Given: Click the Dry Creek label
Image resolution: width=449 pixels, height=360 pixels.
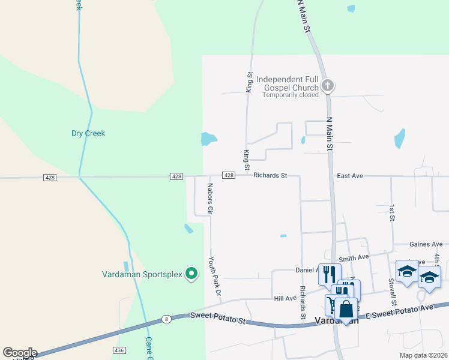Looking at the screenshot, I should coord(88,133).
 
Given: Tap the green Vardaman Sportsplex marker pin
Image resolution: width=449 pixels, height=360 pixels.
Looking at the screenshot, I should coord(191,274).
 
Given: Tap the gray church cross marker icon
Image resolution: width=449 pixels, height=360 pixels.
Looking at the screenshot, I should coord(327,85).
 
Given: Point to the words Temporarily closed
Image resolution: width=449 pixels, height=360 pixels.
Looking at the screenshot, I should coord(290,95).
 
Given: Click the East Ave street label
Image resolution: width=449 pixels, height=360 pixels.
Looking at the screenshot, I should coord(350,176).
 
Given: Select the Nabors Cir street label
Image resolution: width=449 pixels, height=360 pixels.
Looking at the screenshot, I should coord(211,199).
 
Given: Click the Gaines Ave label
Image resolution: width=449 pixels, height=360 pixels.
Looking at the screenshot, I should coord(426,244).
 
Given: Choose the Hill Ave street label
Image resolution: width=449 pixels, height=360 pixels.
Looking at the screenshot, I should coord(285,298).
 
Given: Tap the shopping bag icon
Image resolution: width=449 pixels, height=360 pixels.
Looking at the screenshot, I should coord(346,309).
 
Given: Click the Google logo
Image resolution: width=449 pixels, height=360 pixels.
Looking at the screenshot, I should coord(20,353).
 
